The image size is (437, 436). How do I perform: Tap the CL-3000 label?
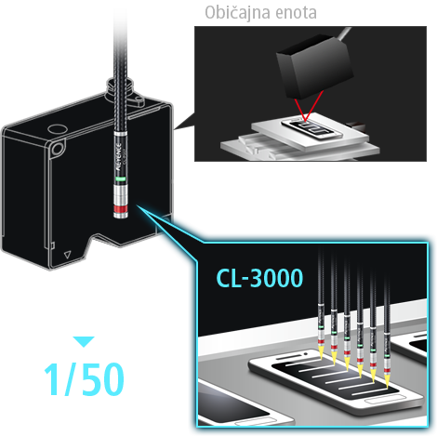coord(259,278)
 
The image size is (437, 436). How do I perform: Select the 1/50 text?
coord(84,379)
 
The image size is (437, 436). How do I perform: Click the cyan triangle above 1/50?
coord(84,341)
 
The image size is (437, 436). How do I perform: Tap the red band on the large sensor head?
coord(121,209)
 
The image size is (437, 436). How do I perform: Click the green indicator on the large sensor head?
coord(120,178)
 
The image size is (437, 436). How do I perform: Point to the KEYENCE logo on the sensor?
coord(119,155)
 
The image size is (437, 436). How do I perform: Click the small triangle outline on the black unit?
coord(67,255)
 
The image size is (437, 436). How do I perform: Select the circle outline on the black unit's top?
coord(57,128)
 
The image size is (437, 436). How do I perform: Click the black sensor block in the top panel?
coord(314,66)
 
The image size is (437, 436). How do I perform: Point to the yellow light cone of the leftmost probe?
coord(321,353)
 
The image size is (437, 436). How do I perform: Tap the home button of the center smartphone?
coord(384,400)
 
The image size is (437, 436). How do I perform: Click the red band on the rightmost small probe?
coord(387,370)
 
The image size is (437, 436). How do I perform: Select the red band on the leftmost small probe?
coord(321,341)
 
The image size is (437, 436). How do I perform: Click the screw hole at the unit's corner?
coord(57,148)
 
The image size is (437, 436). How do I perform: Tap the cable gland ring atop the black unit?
coord(120,84)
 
